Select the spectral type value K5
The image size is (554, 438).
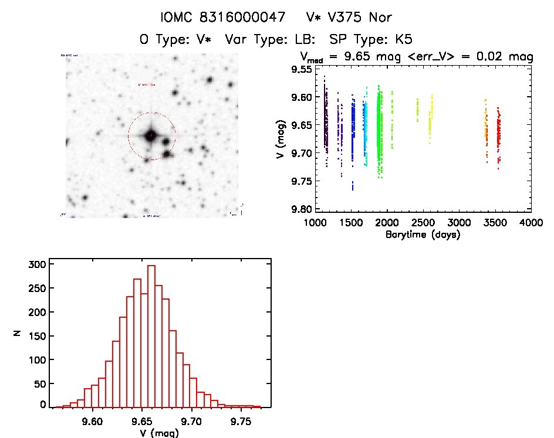(x=403, y=40)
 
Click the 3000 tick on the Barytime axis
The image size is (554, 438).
(x=459, y=223)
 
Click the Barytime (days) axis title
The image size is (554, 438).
(x=423, y=235)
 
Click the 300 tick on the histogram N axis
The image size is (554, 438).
(x=36, y=264)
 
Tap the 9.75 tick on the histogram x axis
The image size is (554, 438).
(x=241, y=420)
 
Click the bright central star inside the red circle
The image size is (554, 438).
(x=151, y=135)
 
